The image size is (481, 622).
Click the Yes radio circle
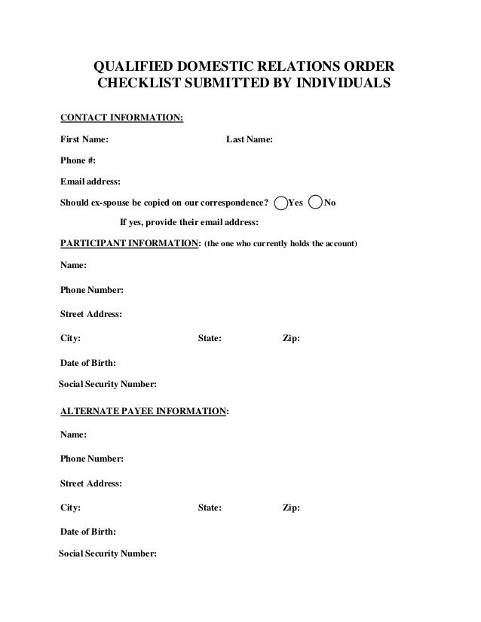pos(281,203)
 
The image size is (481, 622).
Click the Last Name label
pos(250,139)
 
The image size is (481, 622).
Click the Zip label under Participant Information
pos(291,339)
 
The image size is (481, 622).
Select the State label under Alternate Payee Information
pos(210,508)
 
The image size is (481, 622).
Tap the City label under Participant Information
pos(71,339)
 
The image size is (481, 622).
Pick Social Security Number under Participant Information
pos(108,385)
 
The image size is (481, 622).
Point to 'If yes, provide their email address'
pos(189,222)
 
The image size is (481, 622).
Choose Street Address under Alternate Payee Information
pos(91,483)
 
